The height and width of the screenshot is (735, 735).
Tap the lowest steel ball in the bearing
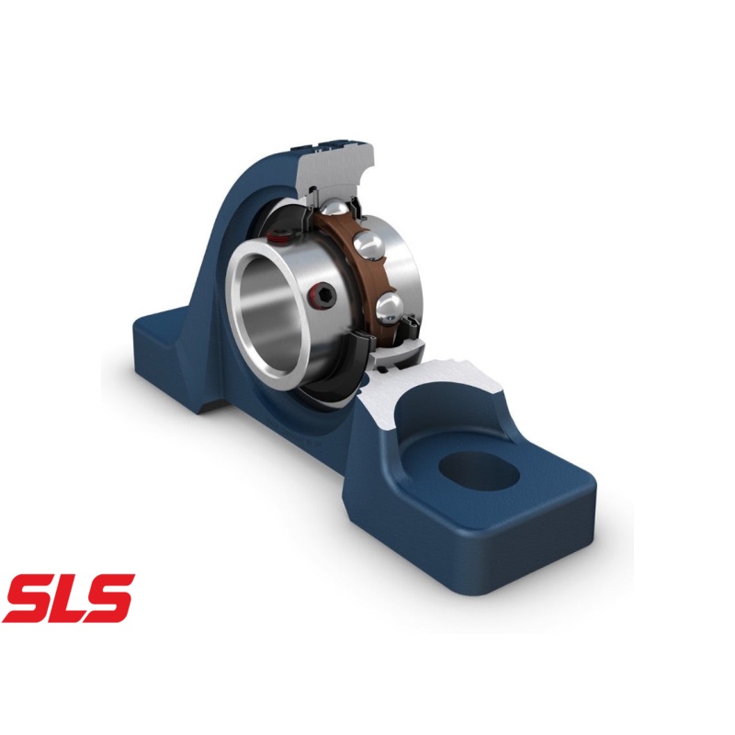click(x=388, y=306)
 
